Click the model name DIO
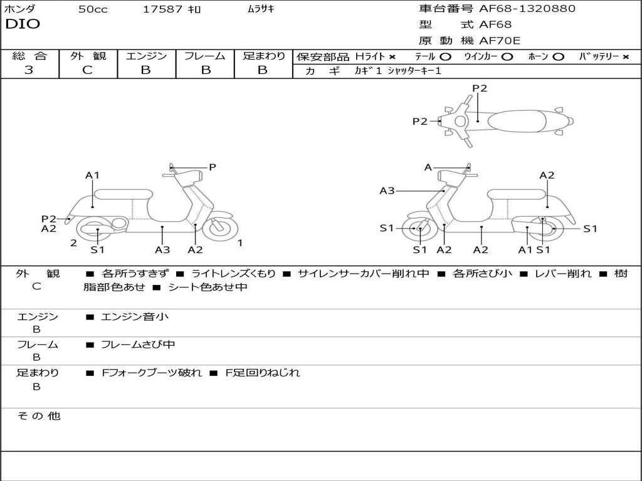click(23, 24)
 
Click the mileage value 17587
click(163, 9)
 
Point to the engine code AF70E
click(500, 41)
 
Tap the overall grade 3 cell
click(29, 70)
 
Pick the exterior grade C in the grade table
click(87, 70)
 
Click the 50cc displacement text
click(93, 9)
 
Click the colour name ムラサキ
click(261, 9)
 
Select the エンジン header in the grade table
click(146, 56)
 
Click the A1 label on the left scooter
click(93, 175)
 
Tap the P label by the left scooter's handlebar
click(213, 167)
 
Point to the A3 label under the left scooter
click(162, 250)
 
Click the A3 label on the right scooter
click(387, 191)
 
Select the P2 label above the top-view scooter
click(480, 88)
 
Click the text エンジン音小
click(135, 317)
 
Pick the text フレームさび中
click(138, 344)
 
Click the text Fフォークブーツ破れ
click(152, 373)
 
